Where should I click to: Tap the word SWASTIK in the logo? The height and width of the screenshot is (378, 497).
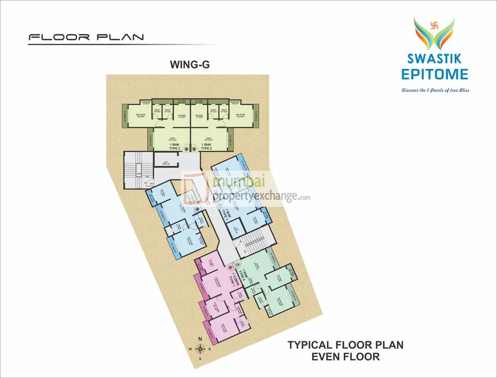434,59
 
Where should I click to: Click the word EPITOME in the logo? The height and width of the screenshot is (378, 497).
434,74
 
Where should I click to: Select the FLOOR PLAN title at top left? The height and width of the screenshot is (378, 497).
86,37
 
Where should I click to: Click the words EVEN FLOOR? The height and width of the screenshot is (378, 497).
345,356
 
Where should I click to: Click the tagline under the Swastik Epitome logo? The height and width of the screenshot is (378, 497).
435,90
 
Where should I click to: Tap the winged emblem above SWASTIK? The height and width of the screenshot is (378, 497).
434,32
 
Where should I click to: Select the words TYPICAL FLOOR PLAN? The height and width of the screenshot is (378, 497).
345,344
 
